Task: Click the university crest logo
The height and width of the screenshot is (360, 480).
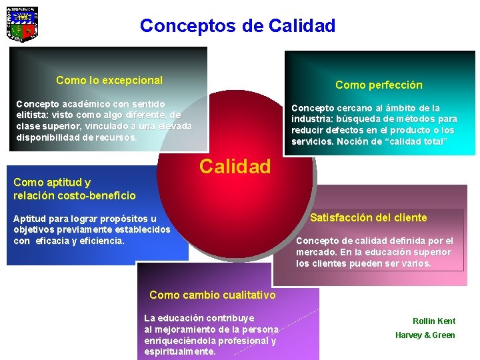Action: coord(22,24)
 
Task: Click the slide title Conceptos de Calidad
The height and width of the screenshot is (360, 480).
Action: coord(237,26)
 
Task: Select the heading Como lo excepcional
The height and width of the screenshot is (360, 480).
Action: coord(109,80)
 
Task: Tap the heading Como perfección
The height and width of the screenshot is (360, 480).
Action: coord(379,85)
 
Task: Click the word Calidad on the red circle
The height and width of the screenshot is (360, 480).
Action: coord(235,166)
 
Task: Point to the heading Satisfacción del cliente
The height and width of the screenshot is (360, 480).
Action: coord(369,217)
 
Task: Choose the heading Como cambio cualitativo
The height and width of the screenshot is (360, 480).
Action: coord(212,295)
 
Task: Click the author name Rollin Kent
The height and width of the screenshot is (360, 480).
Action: coord(434,321)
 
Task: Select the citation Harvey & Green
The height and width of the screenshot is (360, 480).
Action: coord(425,335)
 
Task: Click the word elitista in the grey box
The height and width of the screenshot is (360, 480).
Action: coord(33,115)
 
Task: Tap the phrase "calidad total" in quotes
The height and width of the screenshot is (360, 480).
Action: coord(418,141)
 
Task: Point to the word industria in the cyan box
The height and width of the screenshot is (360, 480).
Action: coord(314,119)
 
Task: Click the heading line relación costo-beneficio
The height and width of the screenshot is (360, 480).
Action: coord(74,195)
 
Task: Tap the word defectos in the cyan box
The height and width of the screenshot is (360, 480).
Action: coord(347,130)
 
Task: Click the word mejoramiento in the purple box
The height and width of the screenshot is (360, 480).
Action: coord(187,329)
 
